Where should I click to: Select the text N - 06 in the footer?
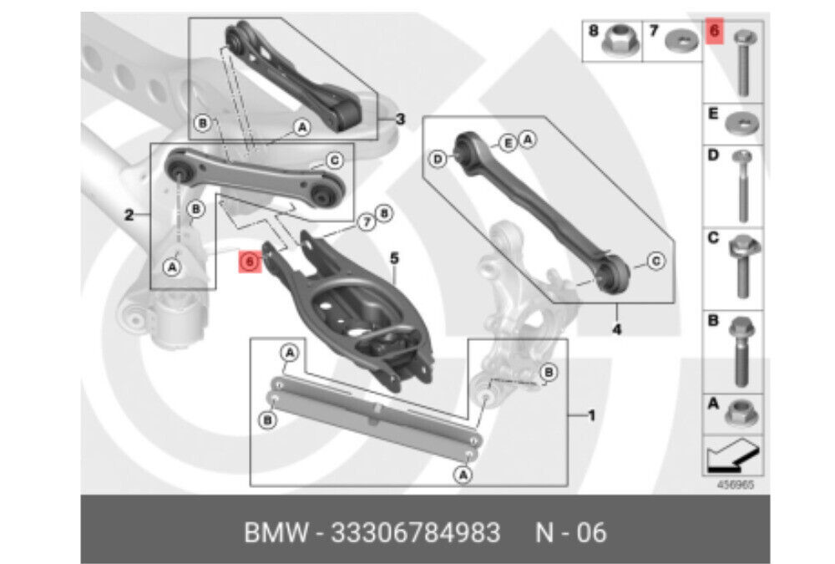click(x=570, y=532)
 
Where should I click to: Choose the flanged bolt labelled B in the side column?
click(x=741, y=348)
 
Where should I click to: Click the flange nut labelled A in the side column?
click(x=741, y=412)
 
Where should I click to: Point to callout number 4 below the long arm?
click(x=616, y=328)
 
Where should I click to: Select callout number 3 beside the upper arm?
click(x=399, y=119)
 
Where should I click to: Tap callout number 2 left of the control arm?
click(x=129, y=216)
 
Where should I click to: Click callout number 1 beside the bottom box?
click(x=591, y=414)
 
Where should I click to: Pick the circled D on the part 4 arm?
click(x=436, y=158)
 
